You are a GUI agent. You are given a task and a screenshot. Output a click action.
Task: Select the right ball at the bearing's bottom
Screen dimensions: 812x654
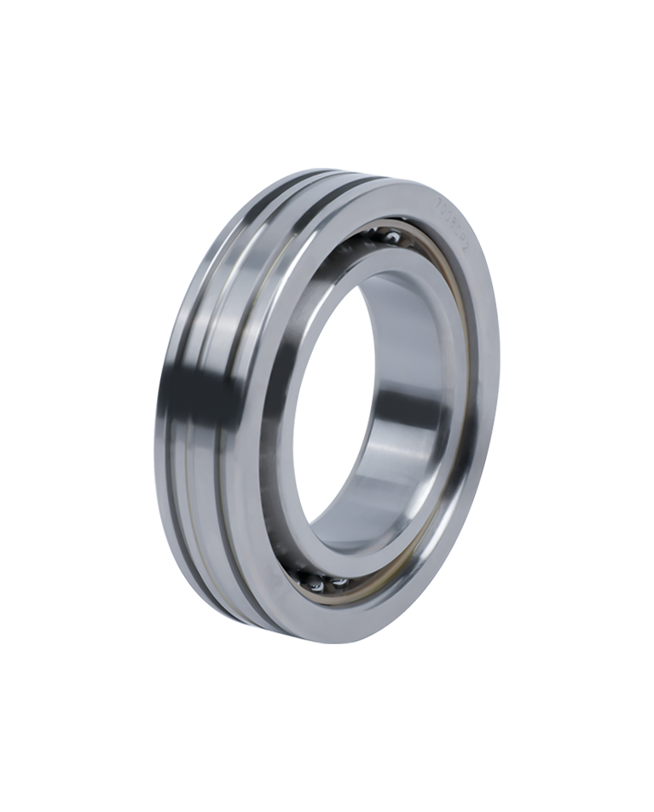coord(340,583)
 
